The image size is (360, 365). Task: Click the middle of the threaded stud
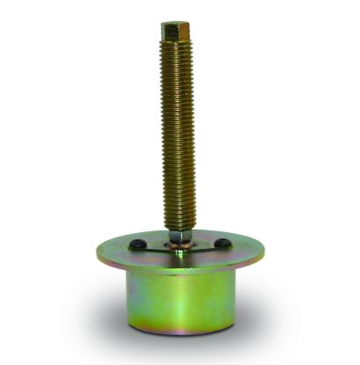[178, 132]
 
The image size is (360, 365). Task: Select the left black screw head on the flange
[138, 244]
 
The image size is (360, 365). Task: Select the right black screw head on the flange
[223, 243]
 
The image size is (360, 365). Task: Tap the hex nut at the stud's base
[178, 237]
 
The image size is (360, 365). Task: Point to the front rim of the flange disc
[180, 271]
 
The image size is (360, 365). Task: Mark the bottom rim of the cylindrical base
[180, 332]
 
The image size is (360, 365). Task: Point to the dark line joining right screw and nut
[202, 246]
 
